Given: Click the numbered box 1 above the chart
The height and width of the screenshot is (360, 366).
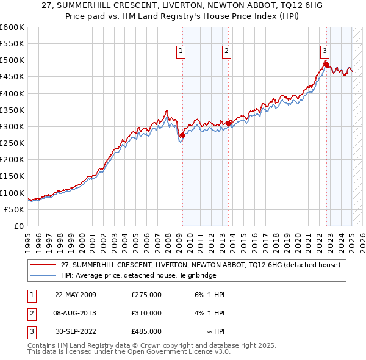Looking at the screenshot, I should (182, 52).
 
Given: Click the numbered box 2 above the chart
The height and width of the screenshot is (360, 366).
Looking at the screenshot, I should (226, 52).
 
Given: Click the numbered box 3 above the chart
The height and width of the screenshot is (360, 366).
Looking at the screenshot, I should (325, 52).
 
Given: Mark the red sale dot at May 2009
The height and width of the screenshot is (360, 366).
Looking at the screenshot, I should (182, 135).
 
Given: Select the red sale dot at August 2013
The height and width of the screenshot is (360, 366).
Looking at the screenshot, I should (228, 123).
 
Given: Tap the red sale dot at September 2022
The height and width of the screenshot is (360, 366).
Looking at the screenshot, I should (326, 65).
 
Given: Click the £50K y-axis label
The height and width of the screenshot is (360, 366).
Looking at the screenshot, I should (14, 209).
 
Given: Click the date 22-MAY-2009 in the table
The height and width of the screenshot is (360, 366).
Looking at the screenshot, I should (76, 295).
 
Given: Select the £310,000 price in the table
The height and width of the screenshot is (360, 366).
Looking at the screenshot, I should (146, 313).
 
